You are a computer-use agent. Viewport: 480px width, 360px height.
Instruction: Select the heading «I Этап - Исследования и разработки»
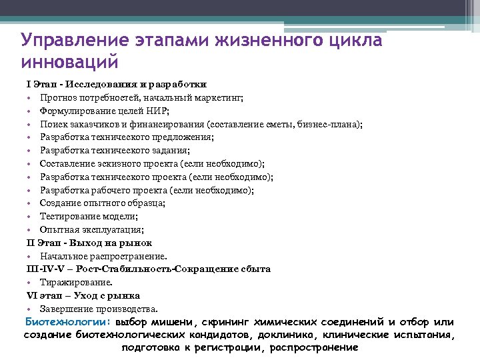point(116,85)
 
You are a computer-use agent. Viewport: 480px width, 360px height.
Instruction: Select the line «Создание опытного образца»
point(102,203)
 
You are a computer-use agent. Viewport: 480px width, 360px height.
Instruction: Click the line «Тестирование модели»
point(89,217)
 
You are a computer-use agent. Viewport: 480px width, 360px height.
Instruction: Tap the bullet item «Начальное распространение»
point(103,256)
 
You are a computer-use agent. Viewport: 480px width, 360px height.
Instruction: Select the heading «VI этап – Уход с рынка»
point(83,295)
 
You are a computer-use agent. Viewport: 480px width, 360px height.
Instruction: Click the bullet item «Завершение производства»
point(99,309)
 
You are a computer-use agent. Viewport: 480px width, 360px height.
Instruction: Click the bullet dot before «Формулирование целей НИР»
point(30,111)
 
